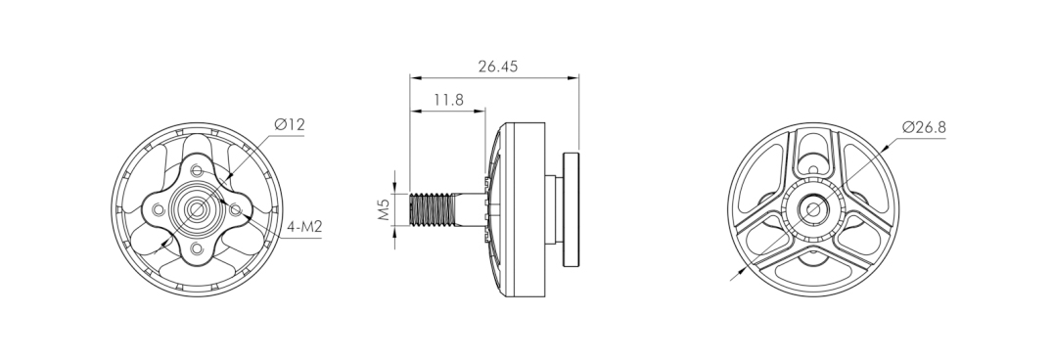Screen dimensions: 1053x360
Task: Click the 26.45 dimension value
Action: (x=497, y=67)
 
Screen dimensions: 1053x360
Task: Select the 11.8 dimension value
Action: (x=448, y=100)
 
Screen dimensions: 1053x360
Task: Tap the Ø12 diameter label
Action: (x=290, y=124)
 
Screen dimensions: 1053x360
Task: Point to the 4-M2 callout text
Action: (x=304, y=227)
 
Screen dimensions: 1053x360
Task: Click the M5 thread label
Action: (x=384, y=209)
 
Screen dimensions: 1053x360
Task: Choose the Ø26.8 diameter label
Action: (x=924, y=127)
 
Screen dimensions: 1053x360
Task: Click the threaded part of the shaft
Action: (x=431, y=209)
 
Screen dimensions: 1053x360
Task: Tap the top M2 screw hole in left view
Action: (x=196, y=170)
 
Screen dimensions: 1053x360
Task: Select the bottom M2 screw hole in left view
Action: (x=196, y=249)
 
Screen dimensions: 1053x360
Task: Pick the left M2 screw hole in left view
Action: (x=158, y=210)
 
